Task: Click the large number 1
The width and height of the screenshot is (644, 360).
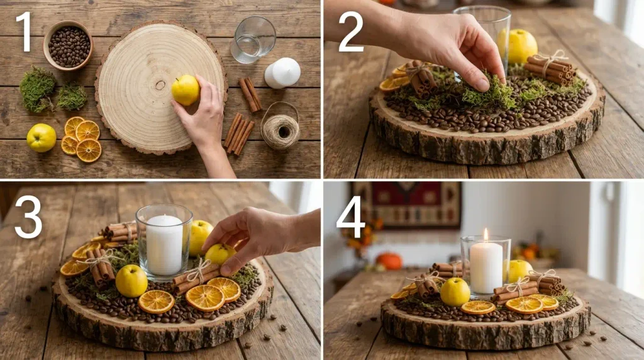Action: (25, 32)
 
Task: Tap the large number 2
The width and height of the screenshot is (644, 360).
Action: (351, 32)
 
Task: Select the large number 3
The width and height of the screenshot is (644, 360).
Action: (28, 217)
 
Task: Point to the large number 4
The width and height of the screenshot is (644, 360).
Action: (350, 217)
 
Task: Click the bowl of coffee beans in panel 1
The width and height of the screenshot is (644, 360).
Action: (68, 45)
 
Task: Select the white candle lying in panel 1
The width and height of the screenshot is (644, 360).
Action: (282, 73)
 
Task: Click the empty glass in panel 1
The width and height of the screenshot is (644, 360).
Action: (253, 40)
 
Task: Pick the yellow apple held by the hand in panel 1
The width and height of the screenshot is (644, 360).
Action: (186, 90)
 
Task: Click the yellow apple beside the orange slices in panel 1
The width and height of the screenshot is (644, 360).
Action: (42, 138)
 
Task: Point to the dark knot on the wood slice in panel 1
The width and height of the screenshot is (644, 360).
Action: (160, 85)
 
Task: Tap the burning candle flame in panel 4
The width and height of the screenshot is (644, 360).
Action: (486, 235)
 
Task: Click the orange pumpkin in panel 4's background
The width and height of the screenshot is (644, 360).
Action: (389, 261)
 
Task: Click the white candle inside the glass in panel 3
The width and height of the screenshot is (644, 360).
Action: (164, 244)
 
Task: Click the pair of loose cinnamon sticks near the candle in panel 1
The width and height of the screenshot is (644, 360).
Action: (250, 94)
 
